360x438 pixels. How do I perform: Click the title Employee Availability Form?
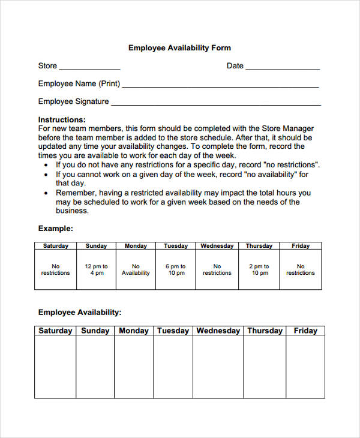tap(179, 48)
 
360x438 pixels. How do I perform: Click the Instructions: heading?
tap(62, 119)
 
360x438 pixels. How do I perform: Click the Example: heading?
tap(56, 228)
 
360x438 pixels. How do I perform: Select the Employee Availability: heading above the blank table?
tap(80, 312)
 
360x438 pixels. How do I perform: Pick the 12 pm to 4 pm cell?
tap(96, 269)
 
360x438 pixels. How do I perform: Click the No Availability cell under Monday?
tap(136, 269)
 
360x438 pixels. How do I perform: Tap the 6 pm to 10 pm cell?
tap(176, 269)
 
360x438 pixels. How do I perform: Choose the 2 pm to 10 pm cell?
tap(259, 269)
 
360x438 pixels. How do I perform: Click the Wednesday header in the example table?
tap(217, 245)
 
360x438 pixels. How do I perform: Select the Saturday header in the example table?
tap(56, 245)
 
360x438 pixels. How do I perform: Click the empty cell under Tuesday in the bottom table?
tap(173, 366)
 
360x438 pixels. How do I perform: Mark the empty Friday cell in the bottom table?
tap(305, 366)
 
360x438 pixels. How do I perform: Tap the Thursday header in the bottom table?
tap(265, 331)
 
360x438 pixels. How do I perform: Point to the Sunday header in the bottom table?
tap(95, 331)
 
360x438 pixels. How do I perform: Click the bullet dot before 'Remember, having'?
tap(47, 193)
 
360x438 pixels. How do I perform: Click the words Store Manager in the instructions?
tap(289, 128)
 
